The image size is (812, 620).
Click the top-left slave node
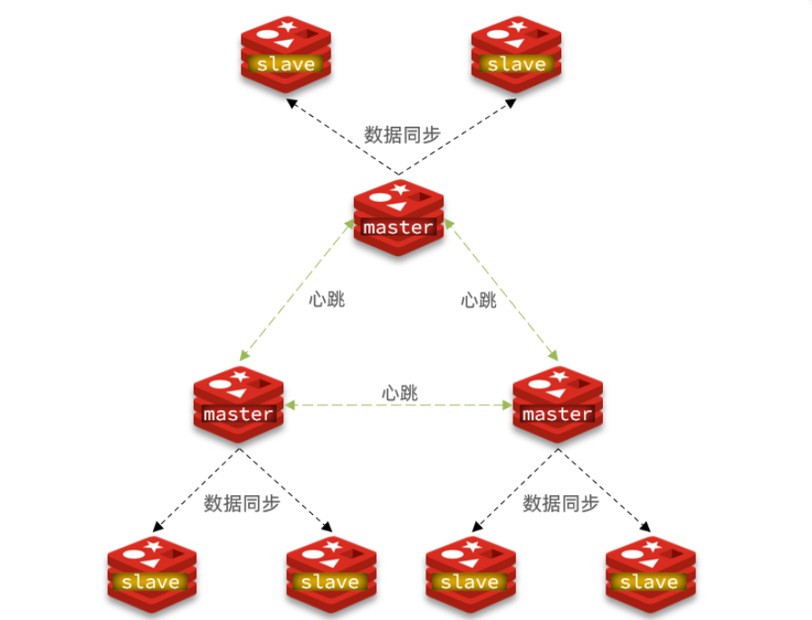(x=286, y=53)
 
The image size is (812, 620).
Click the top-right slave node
(x=516, y=53)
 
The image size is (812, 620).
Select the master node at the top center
(x=398, y=217)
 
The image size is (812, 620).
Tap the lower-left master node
(x=238, y=404)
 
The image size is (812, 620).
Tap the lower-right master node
(x=558, y=404)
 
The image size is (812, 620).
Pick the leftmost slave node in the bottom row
(x=151, y=572)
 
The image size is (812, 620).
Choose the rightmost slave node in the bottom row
(x=650, y=572)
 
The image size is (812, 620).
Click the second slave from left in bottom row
(x=330, y=572)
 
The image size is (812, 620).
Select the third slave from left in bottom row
(x=470, y=572)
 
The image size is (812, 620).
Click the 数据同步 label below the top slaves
(x=402, y=135)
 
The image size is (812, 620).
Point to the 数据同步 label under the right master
(x=561, y=503)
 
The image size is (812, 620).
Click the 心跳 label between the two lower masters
(x=399, y=394)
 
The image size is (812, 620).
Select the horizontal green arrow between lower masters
(x=398, y=407)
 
